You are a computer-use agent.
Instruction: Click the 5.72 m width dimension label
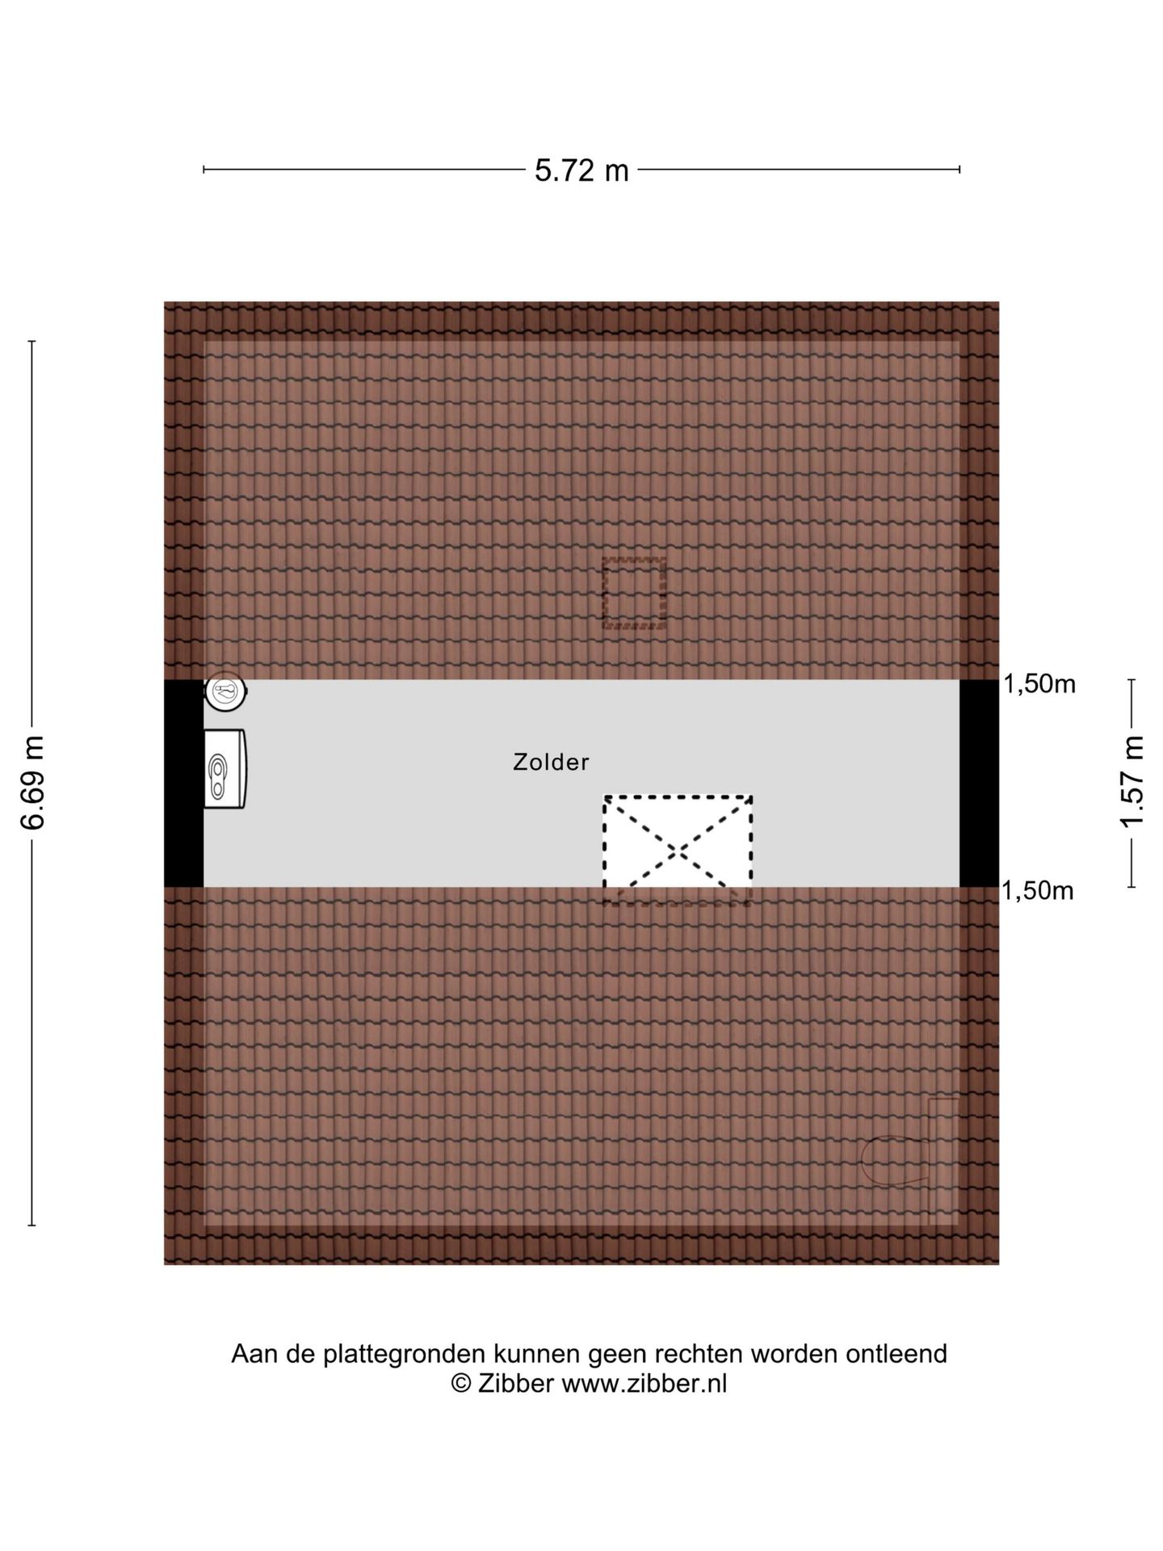(x=581, y=170)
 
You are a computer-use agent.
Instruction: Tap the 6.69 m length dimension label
(x=33, y=783)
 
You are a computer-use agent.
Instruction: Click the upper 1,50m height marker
(x=1039, y=684)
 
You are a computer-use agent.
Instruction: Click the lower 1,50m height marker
(x=1038, y=891)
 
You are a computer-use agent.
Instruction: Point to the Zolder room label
(x=552, y=762)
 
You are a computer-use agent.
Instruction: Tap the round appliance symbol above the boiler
(x=225, y=692)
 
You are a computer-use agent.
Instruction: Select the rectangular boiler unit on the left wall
(x=225, y=767)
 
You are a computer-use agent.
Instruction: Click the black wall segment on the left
(x=183, y=784)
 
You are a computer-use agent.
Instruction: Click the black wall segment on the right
(x=979, y=784)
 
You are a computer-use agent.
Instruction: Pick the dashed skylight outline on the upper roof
(x=634, y=593)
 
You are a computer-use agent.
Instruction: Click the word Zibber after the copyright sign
(x=516, y=1384)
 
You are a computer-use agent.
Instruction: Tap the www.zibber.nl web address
(x=644, y=1384)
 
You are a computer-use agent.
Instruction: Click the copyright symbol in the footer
(x=461, y=1385)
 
